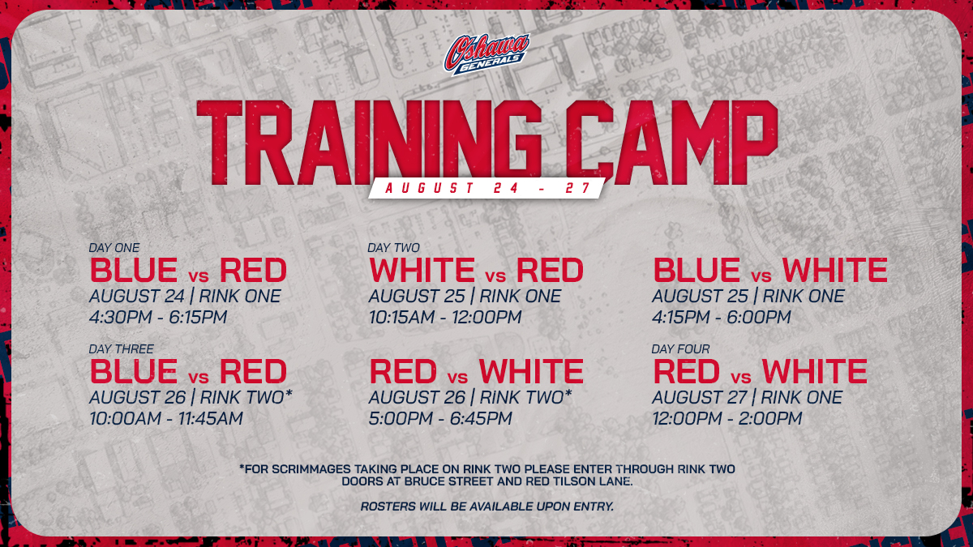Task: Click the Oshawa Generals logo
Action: coord(486,53)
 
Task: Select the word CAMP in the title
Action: coord(671,143)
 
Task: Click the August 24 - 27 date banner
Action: coord(487,188)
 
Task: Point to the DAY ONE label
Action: coord(114,247)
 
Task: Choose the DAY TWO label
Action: coord(393,247)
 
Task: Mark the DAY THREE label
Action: coord(121,349)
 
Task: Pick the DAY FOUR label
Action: coord(680,349)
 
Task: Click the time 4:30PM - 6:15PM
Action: coord(158,317)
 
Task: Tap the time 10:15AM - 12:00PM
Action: coord(445,317)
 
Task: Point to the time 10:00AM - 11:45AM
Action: coord(166,418)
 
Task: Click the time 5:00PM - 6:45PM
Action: coord(440,418)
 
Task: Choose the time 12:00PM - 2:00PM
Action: coord(727,418)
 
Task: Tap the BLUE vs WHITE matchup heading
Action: coord(770,270)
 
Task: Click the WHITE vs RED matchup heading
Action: coord(476,270)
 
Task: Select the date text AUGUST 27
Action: coord(699,397)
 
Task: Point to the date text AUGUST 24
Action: coord(137,296)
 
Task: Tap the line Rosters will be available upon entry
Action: coord(487,506)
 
